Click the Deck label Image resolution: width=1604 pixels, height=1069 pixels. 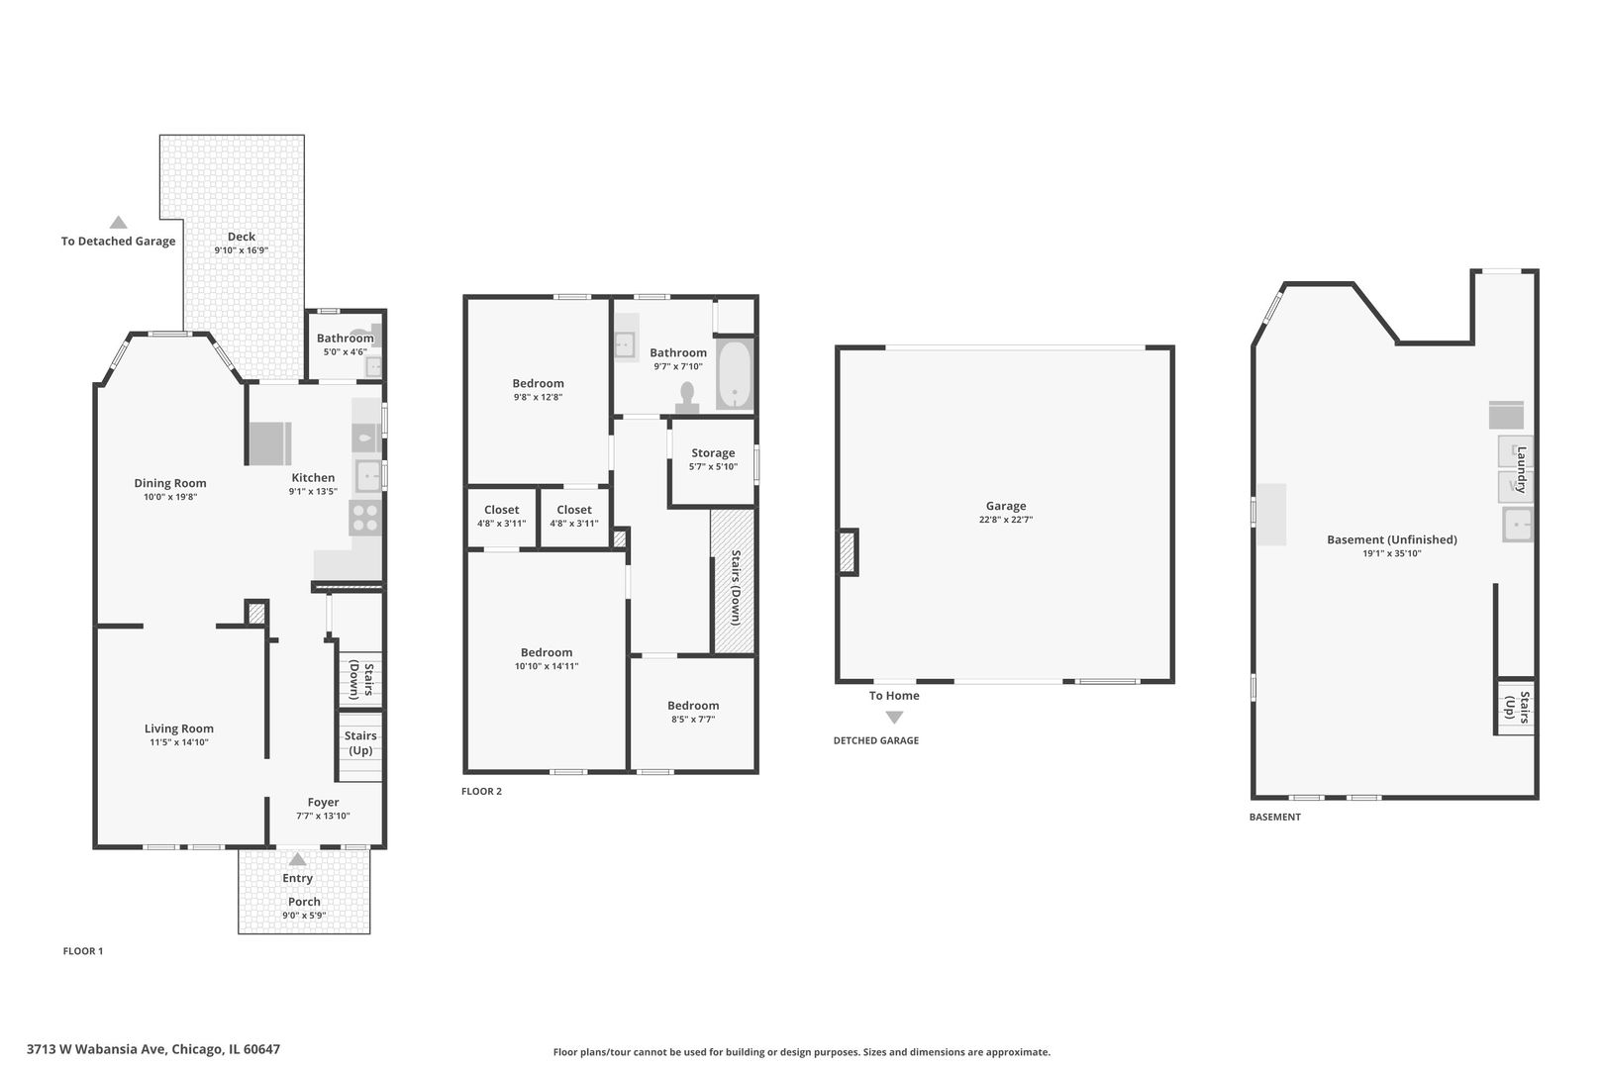242,237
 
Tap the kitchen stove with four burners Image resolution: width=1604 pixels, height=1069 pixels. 365,519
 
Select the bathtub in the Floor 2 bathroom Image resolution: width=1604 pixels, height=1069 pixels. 734,375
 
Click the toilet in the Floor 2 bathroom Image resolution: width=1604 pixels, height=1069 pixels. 687,397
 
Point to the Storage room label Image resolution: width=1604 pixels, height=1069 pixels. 713,452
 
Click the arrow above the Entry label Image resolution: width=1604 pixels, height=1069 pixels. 297,858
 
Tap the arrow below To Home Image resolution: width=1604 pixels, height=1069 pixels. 894,717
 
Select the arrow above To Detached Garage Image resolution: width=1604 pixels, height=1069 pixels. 118,222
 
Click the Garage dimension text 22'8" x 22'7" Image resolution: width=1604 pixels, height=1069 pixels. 1005,520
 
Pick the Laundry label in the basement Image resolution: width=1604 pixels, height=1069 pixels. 1522,469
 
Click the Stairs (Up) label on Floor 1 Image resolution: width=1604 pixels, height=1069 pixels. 360,742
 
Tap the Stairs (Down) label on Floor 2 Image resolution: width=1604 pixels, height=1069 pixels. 735,587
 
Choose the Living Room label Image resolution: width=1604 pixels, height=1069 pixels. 179,729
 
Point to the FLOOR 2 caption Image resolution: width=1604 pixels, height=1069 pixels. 481,791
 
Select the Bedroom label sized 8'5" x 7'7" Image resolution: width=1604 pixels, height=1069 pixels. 693,706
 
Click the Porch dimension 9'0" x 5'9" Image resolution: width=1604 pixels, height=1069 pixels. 304,915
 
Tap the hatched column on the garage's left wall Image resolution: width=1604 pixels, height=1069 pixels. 848,551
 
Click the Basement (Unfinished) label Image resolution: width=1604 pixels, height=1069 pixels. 1391,539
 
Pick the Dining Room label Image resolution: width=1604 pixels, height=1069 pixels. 169,483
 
